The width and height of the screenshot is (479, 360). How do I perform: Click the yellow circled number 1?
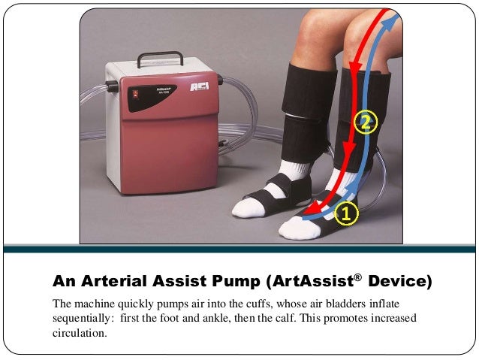[x=345, y=214]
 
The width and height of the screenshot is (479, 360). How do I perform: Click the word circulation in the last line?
[x=80, y=333]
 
